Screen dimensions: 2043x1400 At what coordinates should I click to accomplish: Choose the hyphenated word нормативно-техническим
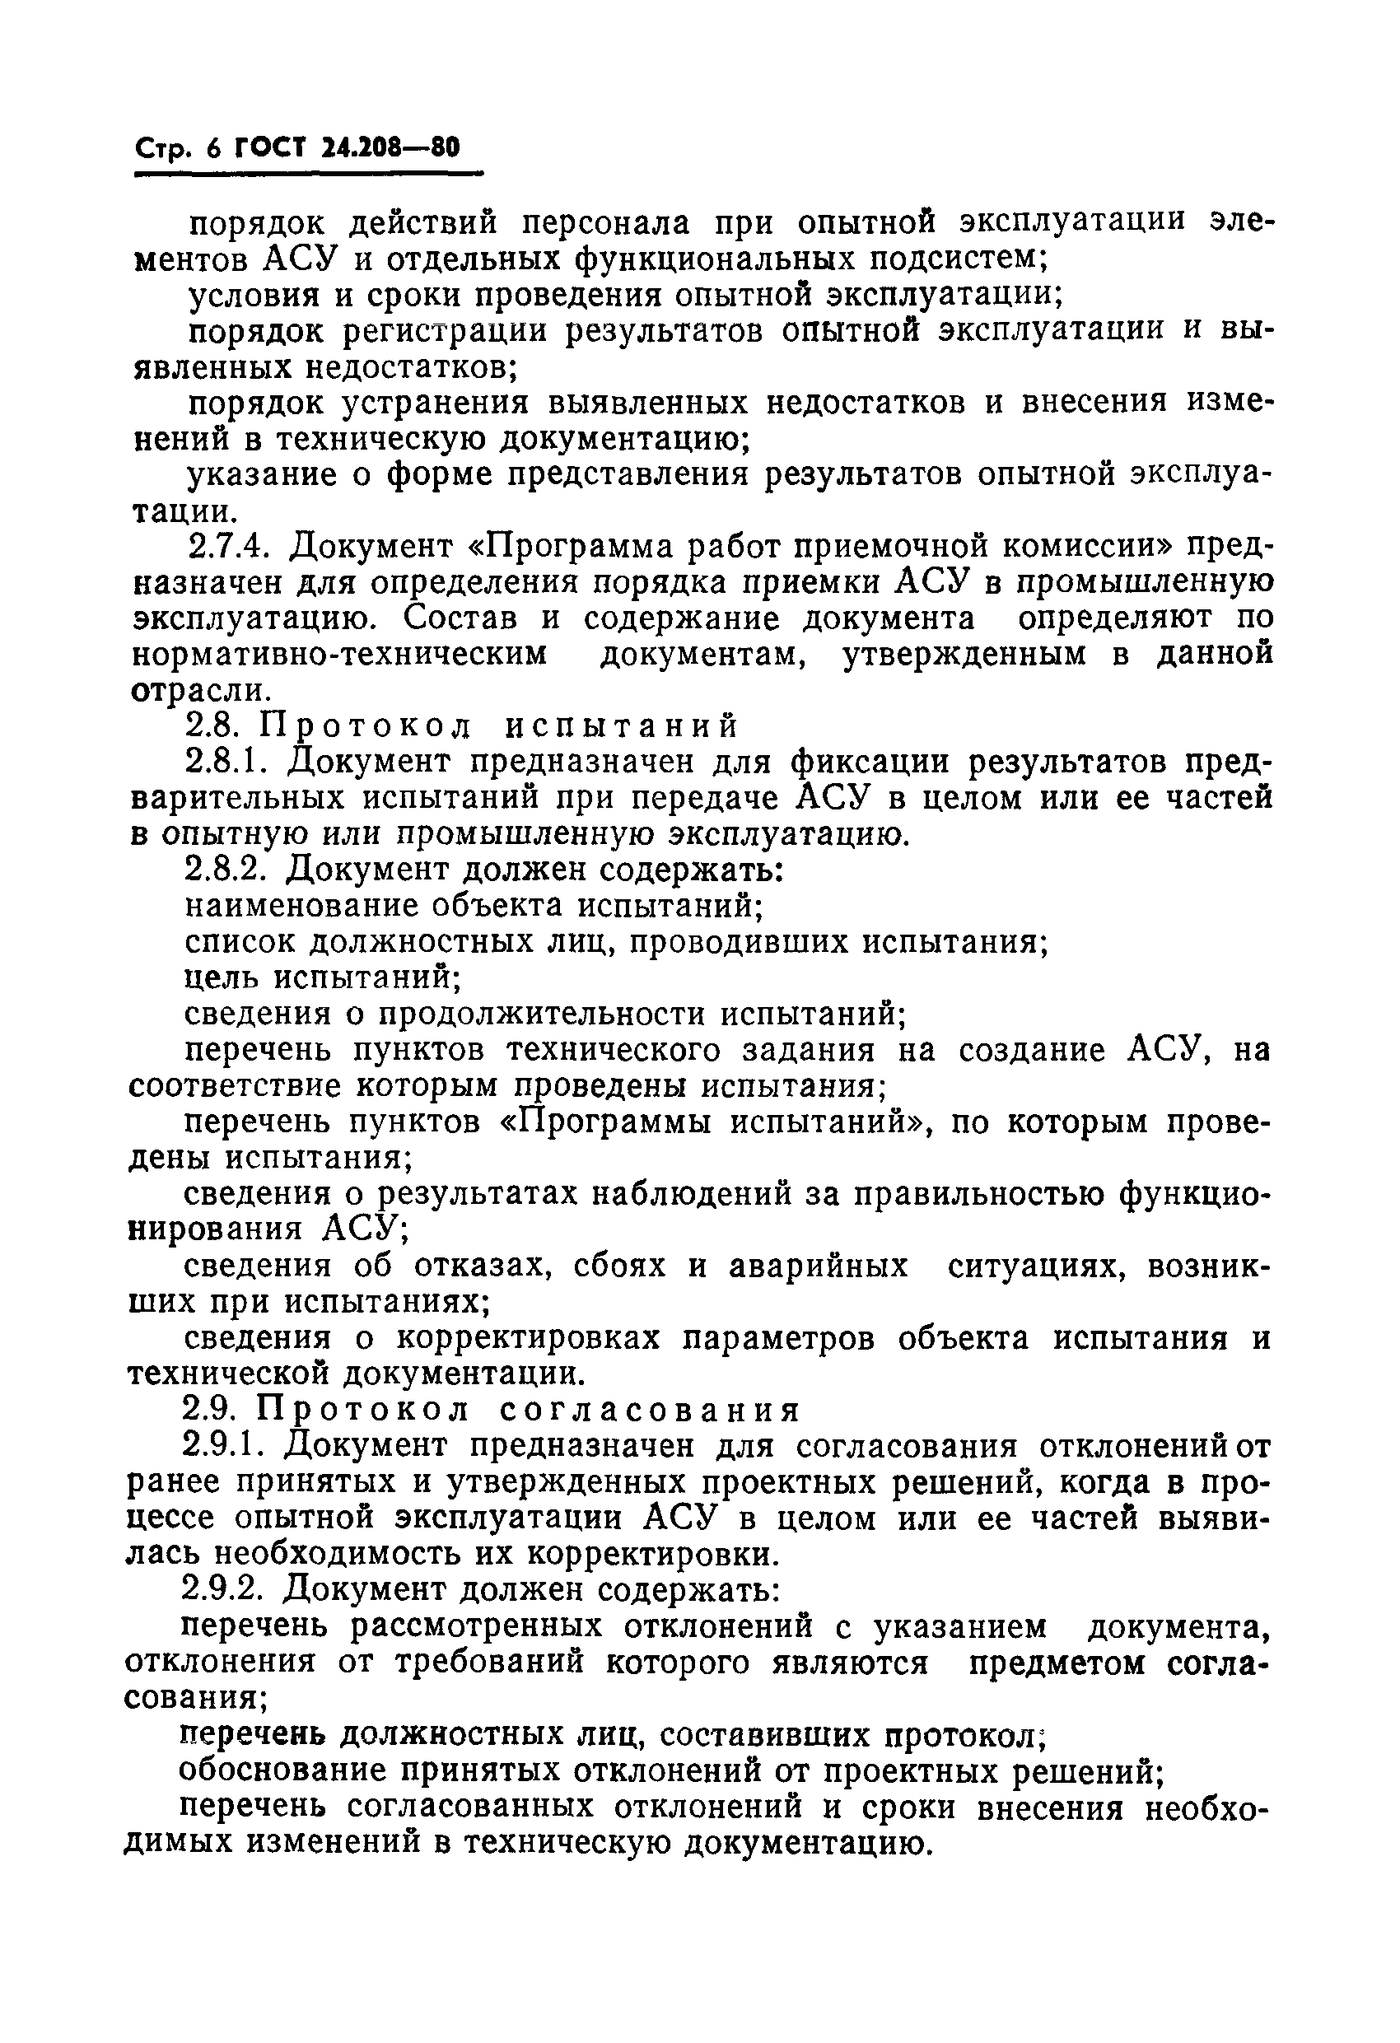tap(338, 655)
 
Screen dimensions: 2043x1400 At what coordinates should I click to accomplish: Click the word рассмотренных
tap(476, 1627)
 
